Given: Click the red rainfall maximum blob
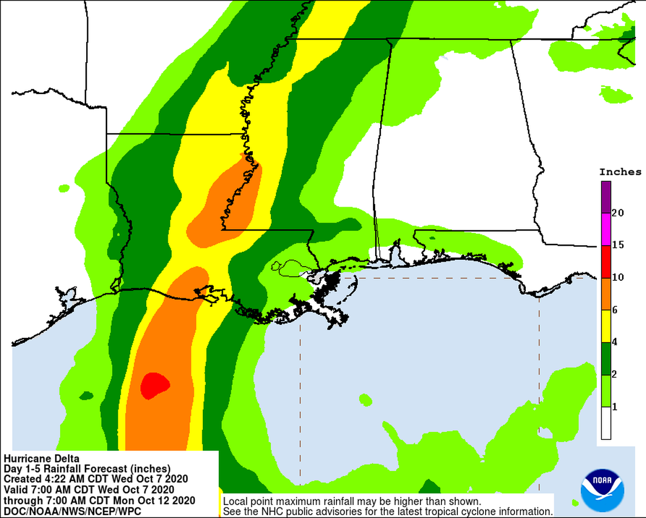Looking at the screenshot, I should tap(154, 386).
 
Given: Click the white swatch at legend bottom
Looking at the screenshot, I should tap(606, 423).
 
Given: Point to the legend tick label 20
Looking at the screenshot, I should tap(618, 213).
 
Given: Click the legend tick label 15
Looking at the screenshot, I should tap(618, 245).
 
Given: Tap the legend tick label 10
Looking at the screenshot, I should tap(618, 277).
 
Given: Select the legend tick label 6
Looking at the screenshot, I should tap(615, 310).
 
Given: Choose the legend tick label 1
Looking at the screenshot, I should tap(615, 406).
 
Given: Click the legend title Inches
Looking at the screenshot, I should tap(620, 172).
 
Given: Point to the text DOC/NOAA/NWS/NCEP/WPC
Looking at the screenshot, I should tap(73, 511).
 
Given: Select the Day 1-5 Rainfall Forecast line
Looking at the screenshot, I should tap(87, 469).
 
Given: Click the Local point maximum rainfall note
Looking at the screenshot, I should tap(352, 502).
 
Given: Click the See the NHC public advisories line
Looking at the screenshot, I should tap(387, 511).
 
